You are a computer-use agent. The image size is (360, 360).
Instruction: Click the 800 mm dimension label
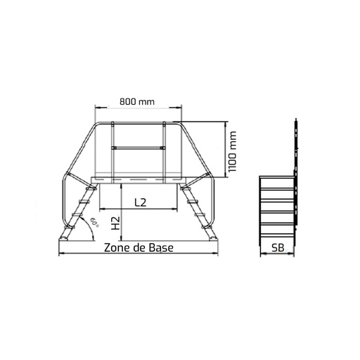tap(137, 102)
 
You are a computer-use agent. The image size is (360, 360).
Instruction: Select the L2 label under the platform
tap(141, 202)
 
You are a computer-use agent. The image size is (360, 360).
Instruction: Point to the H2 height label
tap(115, 223)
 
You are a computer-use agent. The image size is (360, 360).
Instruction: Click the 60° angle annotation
tap(94, 222)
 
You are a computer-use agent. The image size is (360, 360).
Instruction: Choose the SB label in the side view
tap(278, 247)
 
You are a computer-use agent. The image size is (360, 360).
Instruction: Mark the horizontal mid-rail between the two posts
tap(139, 148)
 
